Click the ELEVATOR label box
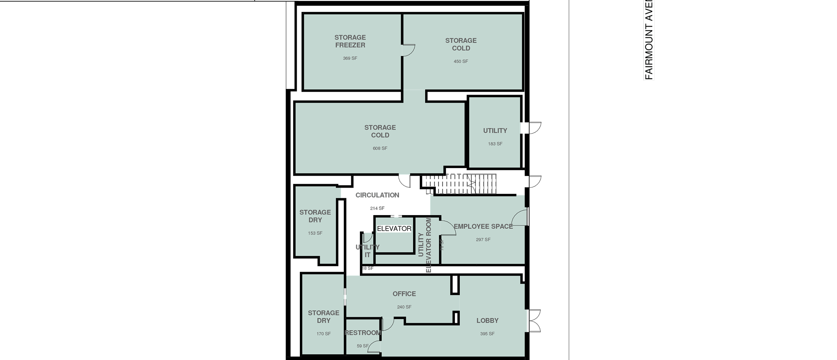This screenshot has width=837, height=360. tap(394, 228)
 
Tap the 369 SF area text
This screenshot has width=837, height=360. tap(350, 58)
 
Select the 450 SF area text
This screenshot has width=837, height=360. tap(461, 61)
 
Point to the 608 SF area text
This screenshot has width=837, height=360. tap(380, 148)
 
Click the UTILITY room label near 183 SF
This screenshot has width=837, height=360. tap(495, 131)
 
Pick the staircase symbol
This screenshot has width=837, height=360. tap(458, 183)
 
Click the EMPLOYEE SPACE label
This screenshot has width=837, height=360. tap(483, 226)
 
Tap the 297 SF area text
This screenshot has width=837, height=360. tap(483, 240)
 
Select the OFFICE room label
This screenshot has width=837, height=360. tap(404, 294)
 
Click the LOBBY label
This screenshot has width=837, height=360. tap(487, 320)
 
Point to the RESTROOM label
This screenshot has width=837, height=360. tap(363, 333)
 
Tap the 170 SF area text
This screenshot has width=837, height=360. tap(323, 334)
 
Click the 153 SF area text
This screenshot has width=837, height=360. tap(315, 233)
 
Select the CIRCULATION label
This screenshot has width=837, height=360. tap(377, 195)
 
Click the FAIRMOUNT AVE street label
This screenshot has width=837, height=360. tap(649, 40)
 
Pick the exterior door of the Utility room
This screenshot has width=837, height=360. tap(532, 128)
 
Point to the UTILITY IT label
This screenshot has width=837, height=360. tap(367, 251)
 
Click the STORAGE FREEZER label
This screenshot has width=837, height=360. tap(350, 41)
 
